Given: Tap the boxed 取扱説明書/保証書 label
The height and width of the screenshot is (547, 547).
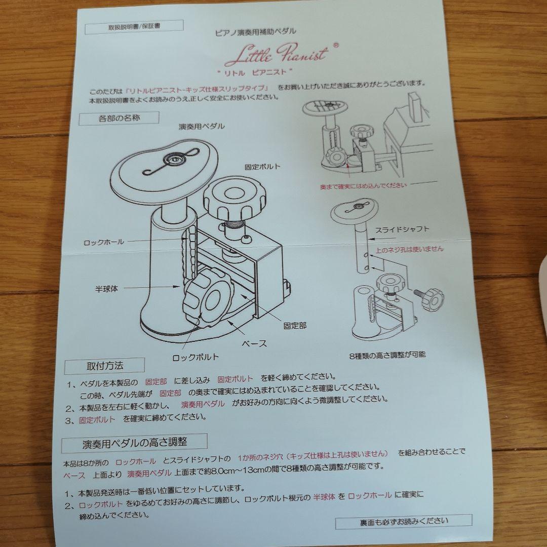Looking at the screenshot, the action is [134, 27].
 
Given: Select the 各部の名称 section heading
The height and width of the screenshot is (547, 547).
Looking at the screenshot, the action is [119, 118].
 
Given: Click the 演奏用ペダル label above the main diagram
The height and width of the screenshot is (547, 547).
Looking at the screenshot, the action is [202, 127].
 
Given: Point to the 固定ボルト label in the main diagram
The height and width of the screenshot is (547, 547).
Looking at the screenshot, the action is [262, 167].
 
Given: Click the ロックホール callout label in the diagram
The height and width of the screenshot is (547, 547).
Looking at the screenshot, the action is [104, 242].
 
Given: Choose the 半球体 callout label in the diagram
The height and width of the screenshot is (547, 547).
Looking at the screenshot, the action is [106, 289].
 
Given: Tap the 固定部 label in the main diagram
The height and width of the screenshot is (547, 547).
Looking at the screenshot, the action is [295, 326].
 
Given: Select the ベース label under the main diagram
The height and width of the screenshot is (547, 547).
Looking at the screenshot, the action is [254, 343].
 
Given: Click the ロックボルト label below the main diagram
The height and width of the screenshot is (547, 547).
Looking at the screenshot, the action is [196, 358].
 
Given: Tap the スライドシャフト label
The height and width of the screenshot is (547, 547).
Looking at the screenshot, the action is [402, 229].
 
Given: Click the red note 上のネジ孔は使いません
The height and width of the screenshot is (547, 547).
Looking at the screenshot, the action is [409, 249].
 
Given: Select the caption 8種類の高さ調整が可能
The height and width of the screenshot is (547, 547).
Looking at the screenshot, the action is [387, 356].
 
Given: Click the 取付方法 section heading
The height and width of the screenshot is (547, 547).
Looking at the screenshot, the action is [105, 366].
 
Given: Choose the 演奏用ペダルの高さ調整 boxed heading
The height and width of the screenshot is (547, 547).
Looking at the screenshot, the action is [135, 443].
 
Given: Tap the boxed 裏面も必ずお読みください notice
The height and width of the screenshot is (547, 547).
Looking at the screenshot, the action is [404, 521].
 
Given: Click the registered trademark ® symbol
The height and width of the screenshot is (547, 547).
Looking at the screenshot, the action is [336, 45].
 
